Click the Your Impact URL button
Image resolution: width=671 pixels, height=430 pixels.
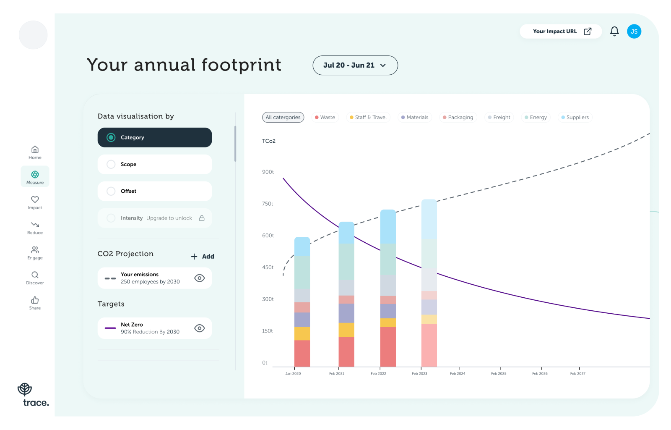click(561, 31)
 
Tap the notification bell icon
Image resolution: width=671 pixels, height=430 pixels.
click(614, 31)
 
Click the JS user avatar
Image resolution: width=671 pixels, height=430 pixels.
click(634, 31)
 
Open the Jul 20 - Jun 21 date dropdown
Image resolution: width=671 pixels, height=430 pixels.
click(355, 66)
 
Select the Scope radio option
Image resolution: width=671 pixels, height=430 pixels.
click(111, 164)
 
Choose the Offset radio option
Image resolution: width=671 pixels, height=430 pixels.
click(111, 191)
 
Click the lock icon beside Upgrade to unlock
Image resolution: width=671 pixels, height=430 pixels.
click(202, 218)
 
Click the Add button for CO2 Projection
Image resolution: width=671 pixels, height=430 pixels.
click(203, 257)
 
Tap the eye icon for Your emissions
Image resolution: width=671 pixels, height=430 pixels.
click(200, 278)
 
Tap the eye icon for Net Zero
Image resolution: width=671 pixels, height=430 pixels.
click(200, 328)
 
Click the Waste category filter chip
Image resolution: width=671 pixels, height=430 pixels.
click(325, 118)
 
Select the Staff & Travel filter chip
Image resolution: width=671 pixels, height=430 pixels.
click(368, 118)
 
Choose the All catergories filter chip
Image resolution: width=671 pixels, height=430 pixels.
click(283, 118)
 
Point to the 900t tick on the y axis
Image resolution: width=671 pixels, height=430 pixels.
click(268, 172)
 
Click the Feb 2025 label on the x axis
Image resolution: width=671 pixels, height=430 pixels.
click(499, 373)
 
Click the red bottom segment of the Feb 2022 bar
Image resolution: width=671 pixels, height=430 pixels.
click(388, 347)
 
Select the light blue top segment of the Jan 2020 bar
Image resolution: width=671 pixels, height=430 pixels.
click(302, 247)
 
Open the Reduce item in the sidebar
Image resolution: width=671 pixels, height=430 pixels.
click(35, 228)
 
